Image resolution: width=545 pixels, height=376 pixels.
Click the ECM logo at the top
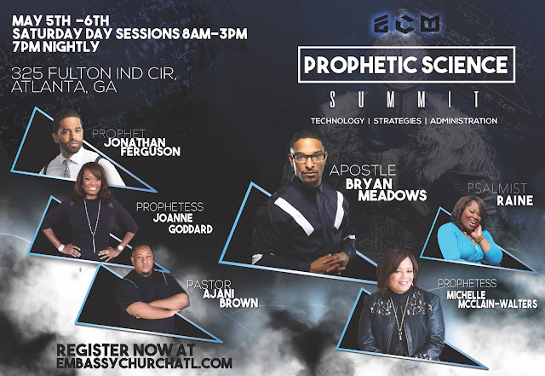(407, 24)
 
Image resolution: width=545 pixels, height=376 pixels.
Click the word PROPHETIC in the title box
(360, 65)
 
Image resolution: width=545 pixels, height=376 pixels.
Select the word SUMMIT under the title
(405, 99)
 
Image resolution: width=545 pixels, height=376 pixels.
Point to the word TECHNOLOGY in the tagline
(337, 121)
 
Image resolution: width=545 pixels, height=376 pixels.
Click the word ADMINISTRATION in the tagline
(463, 121)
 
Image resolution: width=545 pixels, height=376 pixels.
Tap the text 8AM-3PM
(215, 34)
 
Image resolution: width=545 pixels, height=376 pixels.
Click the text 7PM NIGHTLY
(55, 47)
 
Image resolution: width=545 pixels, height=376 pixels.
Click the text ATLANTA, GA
(64, 87)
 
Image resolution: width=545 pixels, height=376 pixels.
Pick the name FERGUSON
(150, 152)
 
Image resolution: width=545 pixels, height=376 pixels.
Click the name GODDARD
(191, 229)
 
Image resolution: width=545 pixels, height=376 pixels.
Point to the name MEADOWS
(393, 195)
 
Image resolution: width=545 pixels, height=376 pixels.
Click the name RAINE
(514, 200)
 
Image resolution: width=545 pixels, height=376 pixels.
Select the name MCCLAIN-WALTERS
(497, 304)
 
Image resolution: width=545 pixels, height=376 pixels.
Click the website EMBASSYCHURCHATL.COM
(144, 362)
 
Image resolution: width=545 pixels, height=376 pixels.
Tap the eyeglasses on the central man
(308, 158)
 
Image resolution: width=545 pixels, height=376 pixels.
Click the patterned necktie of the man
(66, 168)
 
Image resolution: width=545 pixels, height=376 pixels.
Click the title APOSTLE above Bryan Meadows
(363, 171)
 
